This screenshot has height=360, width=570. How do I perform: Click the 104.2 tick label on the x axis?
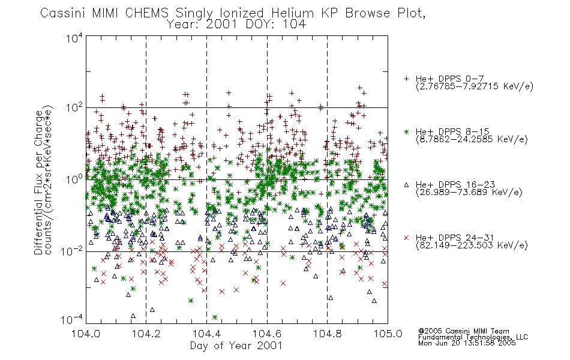[146, 334]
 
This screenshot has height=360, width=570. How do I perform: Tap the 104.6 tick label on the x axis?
[267, 334]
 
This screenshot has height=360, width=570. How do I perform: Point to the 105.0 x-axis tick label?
[388, 334]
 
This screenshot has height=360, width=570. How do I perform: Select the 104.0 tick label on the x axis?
[86, 334]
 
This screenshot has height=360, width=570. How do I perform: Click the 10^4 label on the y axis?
[74, 38]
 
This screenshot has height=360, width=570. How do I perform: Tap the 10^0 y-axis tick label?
[74, 179]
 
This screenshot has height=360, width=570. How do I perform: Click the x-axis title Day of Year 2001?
[236, 346]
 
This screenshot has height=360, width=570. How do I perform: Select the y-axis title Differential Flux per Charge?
[38, 182]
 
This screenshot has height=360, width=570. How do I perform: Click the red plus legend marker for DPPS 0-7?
[406, 79]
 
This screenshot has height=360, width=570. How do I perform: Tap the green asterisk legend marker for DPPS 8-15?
[406, 131]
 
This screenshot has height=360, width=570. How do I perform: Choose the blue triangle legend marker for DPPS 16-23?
[406, 185]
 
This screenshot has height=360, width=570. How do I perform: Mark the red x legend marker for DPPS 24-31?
[406, 238]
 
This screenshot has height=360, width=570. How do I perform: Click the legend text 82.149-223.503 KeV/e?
[472, 245]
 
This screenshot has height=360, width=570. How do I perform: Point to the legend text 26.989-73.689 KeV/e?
[469, 193]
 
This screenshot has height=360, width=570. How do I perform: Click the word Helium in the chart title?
[292, 13]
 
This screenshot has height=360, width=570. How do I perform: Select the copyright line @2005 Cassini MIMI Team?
[464, 331]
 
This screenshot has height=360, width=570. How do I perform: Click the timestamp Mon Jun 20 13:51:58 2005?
[467, 343]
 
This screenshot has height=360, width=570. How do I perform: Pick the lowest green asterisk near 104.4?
[215, 317]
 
